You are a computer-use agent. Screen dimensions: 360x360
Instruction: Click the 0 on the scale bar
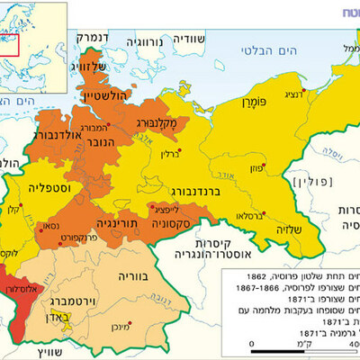253,343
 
